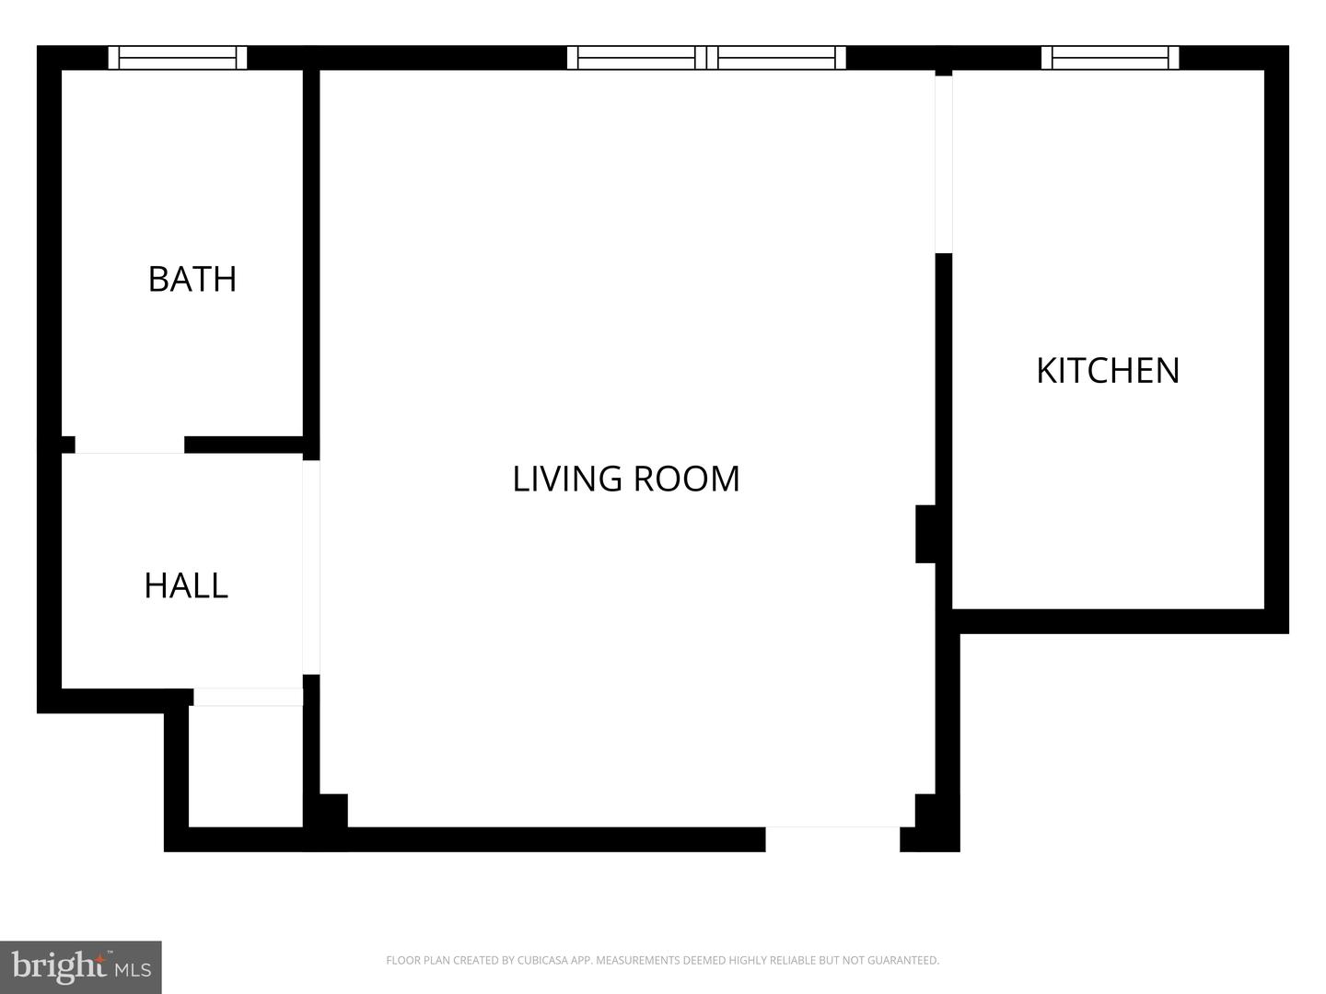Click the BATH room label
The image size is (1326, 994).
pyautogui.click(x=192, y=279)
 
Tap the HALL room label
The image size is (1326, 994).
pyautogui.click(x=186, y=585)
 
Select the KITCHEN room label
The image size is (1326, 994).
pyautogui.click(x=1108, y=370)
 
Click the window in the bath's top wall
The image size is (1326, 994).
pyautogui.click(x=178, y=58)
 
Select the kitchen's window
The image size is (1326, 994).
pyautogui.click(x=1111, y=58)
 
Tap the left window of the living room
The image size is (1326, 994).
pyautogui.click(x=637, y=58)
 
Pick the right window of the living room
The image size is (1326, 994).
pyautogui.click(x=776, y=58)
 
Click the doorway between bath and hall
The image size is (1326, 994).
pyautogui.click(x=130, y=445)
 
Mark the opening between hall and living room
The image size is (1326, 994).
pyautogui.click(x=311, y=567)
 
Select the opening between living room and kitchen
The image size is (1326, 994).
pyautogui.click(x=944, y=164)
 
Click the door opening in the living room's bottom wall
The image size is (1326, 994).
pyautogui.click(x=832, y=838)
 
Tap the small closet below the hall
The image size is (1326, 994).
pyautogui.click(x=246, y=766)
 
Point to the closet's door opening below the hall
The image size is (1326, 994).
pyautogui.click(x=248, y=697)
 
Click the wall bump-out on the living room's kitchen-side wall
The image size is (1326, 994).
pyautogui.click(x=925, y=533)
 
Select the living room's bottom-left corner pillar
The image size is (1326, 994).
pyautogui.click(x=332, y=811)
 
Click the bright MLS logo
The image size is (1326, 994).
pyautogui.click(x=81, y=967)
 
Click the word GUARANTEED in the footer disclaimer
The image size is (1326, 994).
pyautogui.click(x=902, y=961)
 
